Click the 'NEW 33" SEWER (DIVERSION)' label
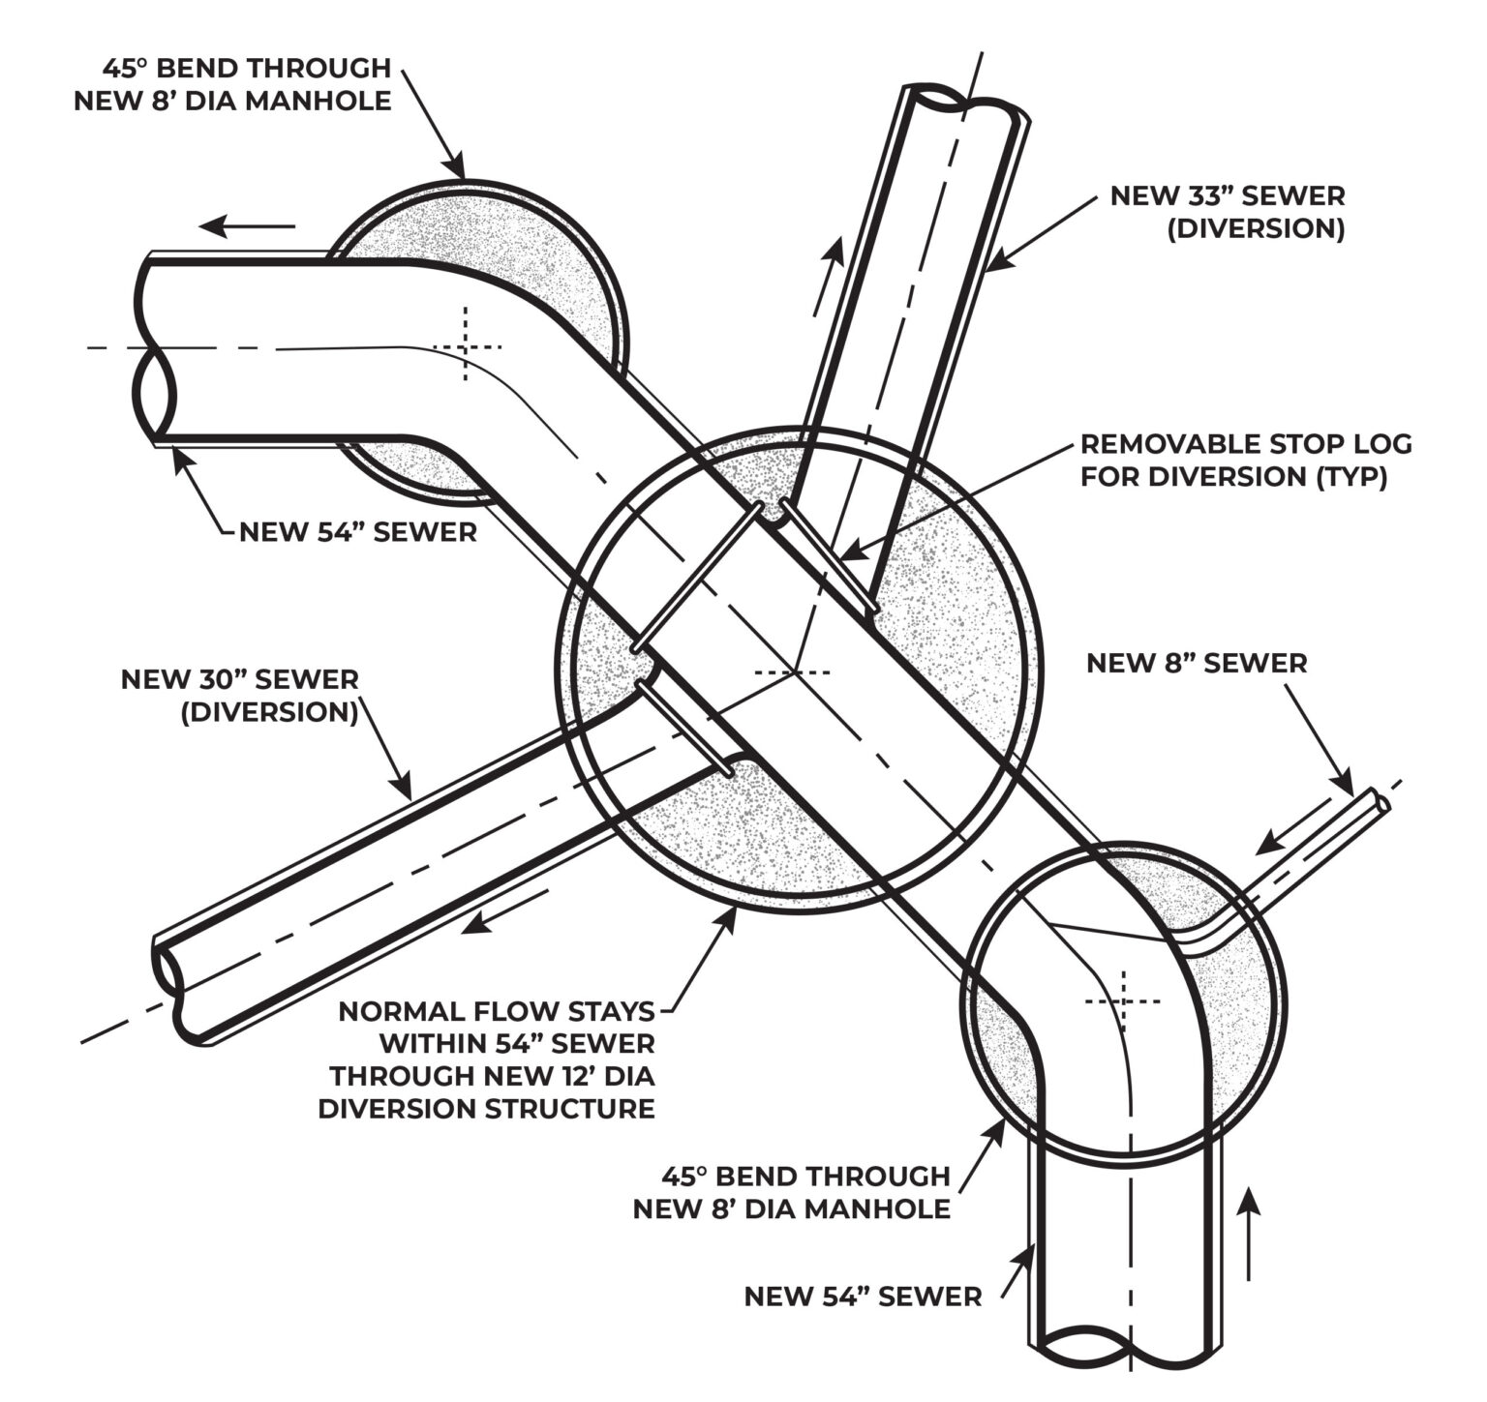coord(1227,212)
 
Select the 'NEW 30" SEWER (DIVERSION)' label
coord(239,695)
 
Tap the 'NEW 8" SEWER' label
coord(1197,663)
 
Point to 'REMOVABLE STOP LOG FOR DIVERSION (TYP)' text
coord(1246,460)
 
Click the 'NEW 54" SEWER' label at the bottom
coord(863,1297)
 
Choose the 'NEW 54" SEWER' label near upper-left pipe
coord(357,531)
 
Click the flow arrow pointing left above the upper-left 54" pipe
coord(247,227)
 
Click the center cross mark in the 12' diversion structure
coord(793,671)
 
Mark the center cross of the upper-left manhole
coord(467,345)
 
